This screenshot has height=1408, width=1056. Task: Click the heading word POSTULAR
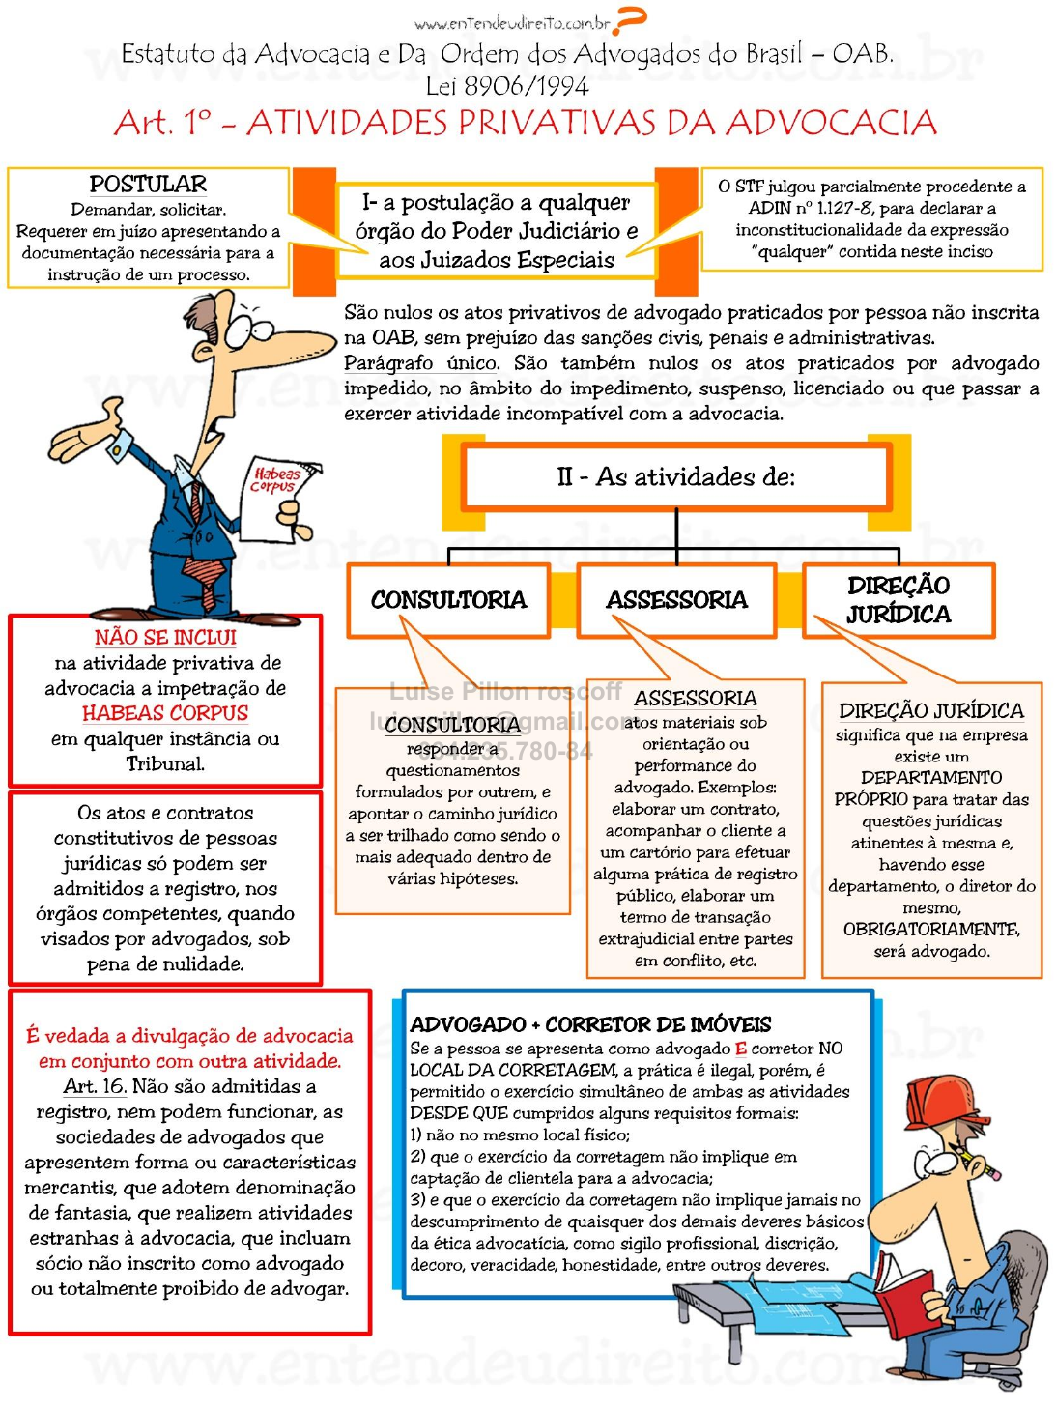coord(148,184)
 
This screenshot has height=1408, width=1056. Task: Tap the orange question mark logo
coord(630,19)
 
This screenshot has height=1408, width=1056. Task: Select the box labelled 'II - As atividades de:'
coord(676,476)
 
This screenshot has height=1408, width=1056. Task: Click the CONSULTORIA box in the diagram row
coord(448,600)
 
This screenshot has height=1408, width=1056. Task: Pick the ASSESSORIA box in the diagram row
coord(676,600)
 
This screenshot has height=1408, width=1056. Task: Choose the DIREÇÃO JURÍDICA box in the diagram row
coord(899,600)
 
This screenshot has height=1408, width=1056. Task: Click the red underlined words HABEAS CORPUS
coord(165,713)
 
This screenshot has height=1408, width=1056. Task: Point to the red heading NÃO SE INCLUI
coord(165,638)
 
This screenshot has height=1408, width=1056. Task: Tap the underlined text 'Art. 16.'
coord(95,1086)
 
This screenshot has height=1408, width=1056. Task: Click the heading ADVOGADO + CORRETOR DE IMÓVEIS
coord(590,1024)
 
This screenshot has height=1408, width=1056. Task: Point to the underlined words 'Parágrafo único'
coord(421,363)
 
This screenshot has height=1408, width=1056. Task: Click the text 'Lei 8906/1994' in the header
coord(507,87)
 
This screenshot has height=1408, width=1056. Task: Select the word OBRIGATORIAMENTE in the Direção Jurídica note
coord(931,930)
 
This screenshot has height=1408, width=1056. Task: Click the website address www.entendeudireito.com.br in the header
coord(512,23)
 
